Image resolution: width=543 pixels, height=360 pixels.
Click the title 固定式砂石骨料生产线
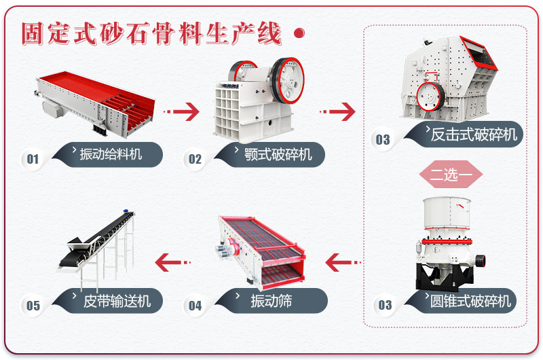(x=151, y=33)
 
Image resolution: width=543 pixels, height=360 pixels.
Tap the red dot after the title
(x=297, y=33)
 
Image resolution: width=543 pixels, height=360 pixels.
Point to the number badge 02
(x=195, y=160)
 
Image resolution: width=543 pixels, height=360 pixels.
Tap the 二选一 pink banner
(x=451, y=175)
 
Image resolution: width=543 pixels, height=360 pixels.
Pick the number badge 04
(x=195, y=306)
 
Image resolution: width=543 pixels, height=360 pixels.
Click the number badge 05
(x=33, y=306)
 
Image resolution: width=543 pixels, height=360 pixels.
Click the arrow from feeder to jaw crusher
(x=181, y=111)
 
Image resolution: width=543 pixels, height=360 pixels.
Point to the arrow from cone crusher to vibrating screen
(x=343, y=261)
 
